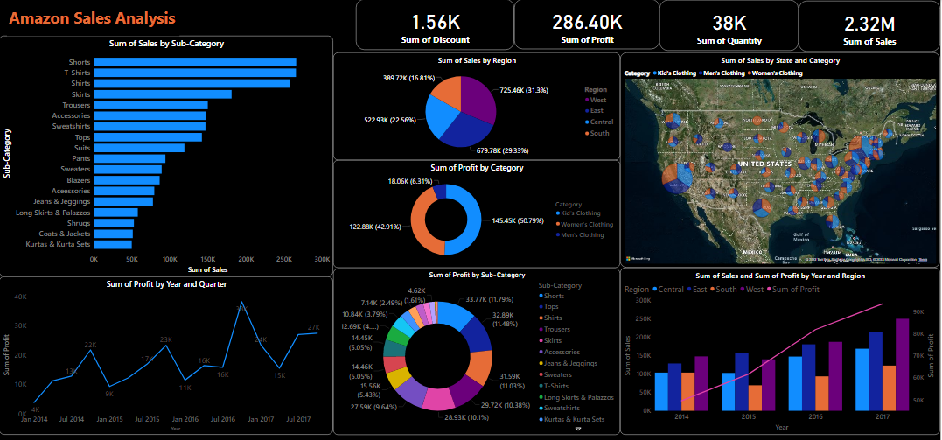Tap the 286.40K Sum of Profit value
click(587, 22)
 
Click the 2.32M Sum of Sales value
click(869, 24)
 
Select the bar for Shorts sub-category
click(194, 62)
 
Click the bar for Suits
click(139, 147)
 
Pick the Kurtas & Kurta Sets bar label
click(53, 244)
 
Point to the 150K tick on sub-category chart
click(208, 259)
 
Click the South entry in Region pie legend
click(599, 133)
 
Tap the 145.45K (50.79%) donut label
click(516, 220)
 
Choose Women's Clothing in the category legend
click(586, 224)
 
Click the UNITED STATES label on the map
click(762, 164)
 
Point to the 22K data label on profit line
click(89, 346)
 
